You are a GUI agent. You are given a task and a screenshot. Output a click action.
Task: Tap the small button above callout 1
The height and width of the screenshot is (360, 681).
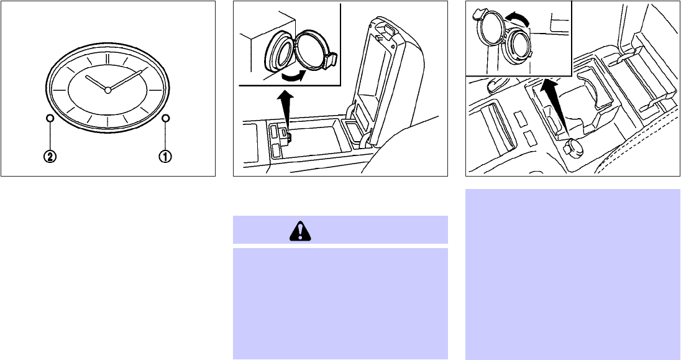165,118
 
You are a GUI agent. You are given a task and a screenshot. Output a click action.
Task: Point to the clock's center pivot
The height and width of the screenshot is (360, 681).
107,90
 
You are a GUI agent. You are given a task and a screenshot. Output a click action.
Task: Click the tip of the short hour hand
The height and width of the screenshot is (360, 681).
86,77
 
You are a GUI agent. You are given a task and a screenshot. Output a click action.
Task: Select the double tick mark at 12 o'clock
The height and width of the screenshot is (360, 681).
107,59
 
